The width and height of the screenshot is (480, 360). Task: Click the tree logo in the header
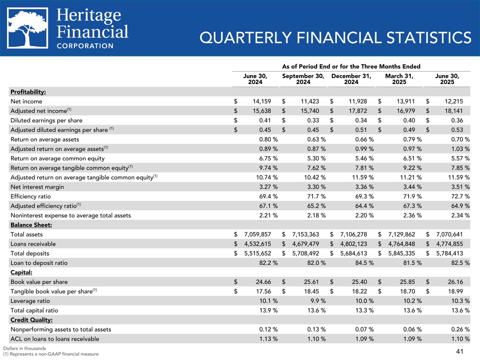27,28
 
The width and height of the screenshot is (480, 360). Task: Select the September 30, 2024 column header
303,79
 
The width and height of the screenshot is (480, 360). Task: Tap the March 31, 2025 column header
399,79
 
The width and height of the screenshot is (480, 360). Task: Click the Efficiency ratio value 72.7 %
457,197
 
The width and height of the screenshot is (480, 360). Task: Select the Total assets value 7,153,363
306,234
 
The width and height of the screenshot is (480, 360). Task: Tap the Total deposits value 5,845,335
402,253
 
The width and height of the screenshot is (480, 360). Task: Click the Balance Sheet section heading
31,225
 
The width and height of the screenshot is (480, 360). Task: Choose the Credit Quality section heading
32,320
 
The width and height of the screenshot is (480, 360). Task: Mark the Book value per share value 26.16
456,282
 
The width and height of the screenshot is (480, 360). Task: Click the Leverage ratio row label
30,301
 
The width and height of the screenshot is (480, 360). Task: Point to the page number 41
459,351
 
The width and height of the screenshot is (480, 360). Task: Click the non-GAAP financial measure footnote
51,354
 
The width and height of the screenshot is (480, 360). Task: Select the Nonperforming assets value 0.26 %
457,329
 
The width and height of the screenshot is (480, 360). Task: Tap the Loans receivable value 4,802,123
353,244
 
